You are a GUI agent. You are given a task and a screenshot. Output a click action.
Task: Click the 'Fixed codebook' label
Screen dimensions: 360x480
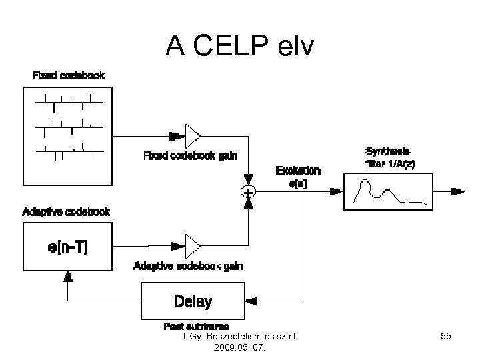(x=69, y=75)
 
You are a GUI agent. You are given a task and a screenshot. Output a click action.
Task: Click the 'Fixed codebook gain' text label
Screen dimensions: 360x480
(x=190, y=156)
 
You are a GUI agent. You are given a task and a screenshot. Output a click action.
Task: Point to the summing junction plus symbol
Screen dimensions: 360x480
(x=248, y=192)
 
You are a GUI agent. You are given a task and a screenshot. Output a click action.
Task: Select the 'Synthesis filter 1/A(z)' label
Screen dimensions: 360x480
(x=390, y=157)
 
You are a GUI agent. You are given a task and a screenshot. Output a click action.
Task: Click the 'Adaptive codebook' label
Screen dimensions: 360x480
(x=66, y=212)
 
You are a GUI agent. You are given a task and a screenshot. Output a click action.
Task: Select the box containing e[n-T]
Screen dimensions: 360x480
(x=67, y=246)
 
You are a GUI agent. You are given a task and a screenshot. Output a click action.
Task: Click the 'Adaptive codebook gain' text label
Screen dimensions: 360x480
(x=188, y=266)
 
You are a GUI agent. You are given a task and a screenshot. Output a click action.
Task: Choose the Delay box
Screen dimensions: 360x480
(x=193, y=301)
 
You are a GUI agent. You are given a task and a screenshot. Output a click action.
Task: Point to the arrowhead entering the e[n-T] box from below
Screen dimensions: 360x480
(x=67, y=275)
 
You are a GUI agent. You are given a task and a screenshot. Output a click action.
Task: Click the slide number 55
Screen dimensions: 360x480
(x=446, y=338)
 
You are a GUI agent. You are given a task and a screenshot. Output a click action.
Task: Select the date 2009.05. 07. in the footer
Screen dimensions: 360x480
(x=239, y=348)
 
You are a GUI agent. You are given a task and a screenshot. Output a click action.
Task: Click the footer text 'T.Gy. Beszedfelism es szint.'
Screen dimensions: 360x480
(x=239, y=337)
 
